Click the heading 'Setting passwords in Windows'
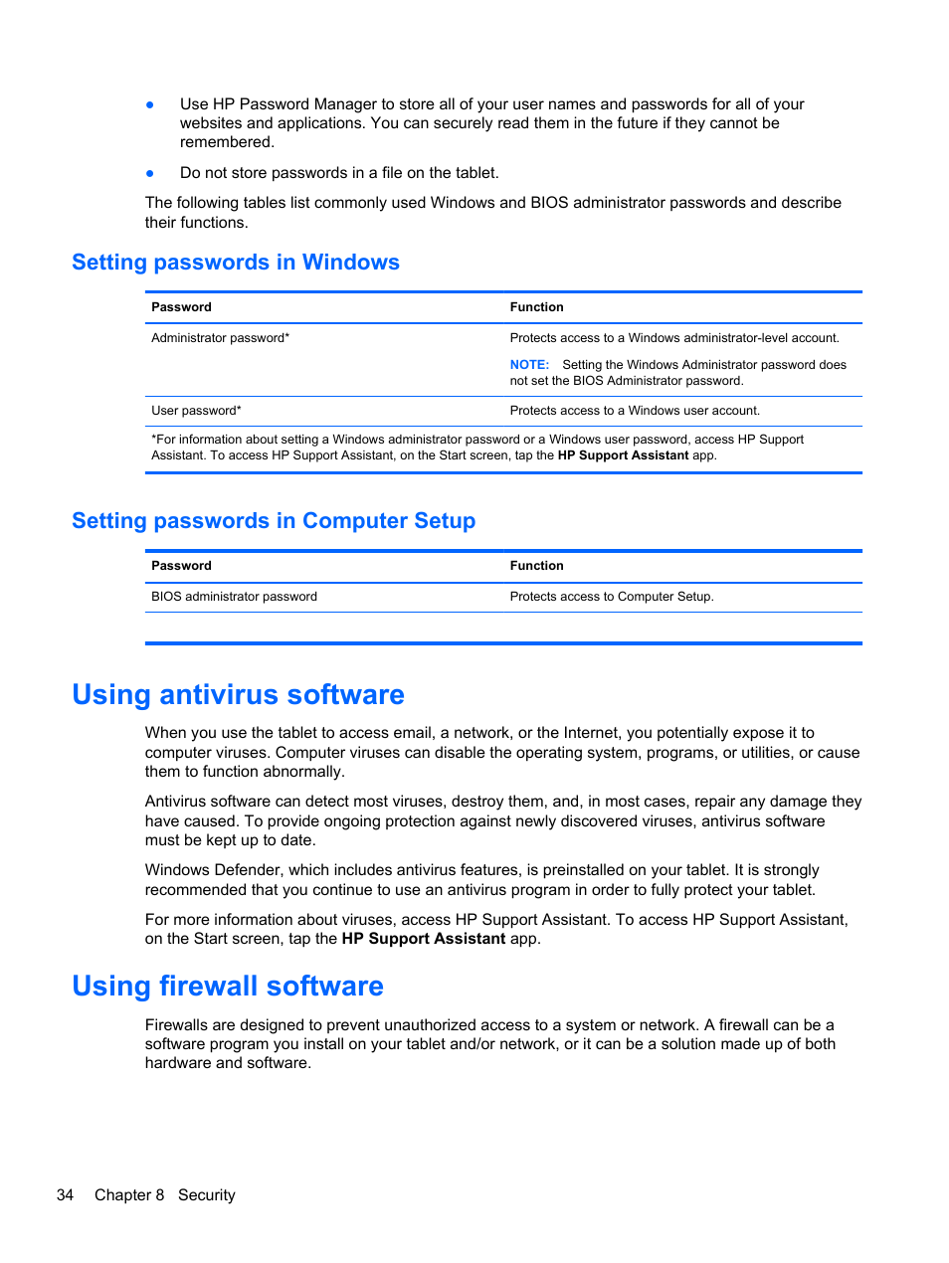coord(236,263)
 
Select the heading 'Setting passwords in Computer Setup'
coord(274,521)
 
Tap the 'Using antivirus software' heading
coord(238,694)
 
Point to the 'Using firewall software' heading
coord(228,986)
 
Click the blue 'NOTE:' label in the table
coord(529,365)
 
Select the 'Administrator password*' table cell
coord(221,338)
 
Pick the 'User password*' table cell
coord(196,411)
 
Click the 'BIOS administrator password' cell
coord(234,597)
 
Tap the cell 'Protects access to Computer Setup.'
coord(612,597)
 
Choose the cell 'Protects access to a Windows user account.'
coord(635,411)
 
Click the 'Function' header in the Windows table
coord(536,307)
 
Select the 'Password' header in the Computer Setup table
coord(181,566)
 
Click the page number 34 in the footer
coord(65,1195)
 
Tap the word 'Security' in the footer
coord(207,1195)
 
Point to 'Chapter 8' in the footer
coord(129,1195)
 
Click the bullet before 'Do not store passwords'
coord(150,173)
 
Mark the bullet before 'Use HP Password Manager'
coord(150,104)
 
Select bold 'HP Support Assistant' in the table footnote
coord(623,455)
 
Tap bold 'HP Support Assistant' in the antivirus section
coord(424,939)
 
